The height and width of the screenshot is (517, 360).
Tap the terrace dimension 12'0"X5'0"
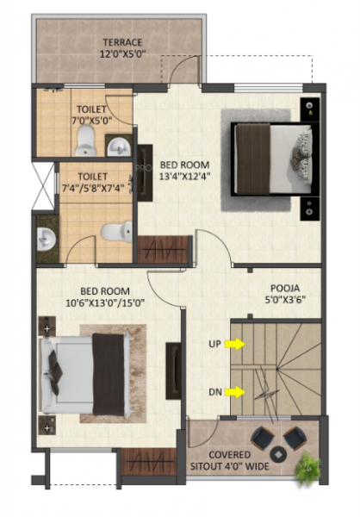pos(121,53)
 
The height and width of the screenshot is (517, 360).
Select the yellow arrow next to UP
pos(235,345)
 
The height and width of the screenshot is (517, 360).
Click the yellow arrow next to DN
pos(235,393)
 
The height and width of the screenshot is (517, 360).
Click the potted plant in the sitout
pos(307,468)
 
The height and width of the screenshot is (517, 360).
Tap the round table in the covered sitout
pos(276,453)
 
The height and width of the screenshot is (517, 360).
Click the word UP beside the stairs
pos(215,345)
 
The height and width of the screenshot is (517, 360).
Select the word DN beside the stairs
pos(215,393)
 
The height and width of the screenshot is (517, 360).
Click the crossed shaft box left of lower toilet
pos(43,185)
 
